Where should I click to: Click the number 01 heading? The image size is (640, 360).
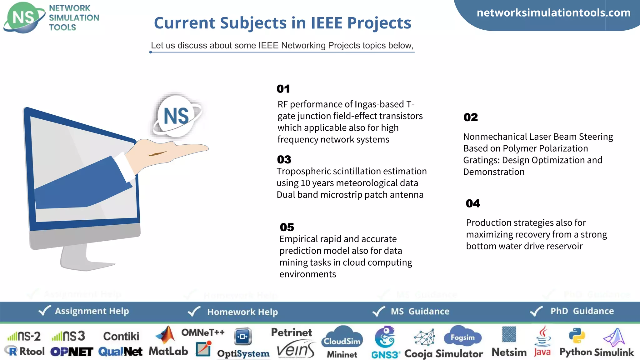coord(283,89)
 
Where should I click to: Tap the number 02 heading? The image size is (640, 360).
coord(471,117)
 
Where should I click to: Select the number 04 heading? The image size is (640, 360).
coord(473,204)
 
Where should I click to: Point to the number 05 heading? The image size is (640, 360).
coord(287,227)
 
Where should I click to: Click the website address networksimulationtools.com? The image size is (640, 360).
coord(553,13)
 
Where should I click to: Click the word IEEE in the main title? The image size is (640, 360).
coord(326,23)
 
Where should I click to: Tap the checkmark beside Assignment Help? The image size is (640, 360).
coord(44,311)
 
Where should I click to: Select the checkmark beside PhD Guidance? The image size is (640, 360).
coord(537,311)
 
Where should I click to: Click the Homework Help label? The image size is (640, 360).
coord(242,312)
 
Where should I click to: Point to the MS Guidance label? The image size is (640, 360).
coord(420,311)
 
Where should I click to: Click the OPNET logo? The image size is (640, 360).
coord(72,352)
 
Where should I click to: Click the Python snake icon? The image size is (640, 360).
coord(577,336)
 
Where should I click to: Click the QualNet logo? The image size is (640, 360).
coord(120,352)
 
